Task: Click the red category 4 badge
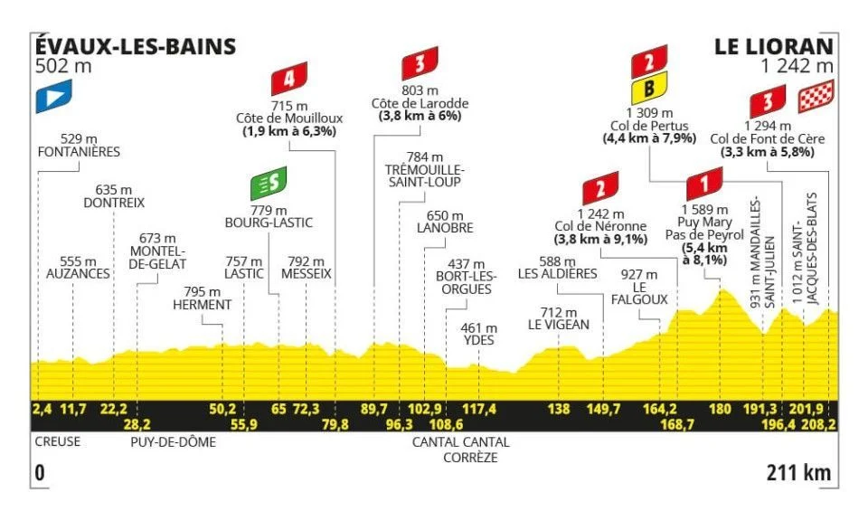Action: coord(289,80)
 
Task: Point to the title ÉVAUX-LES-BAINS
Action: coord(134,46)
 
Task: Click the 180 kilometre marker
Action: coord(720,409)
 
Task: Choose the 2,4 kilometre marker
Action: coord(42,409)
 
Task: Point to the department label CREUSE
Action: coord(57,442)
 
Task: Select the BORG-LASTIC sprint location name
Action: coord(269,220)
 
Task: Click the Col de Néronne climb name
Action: coord(600,226)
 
